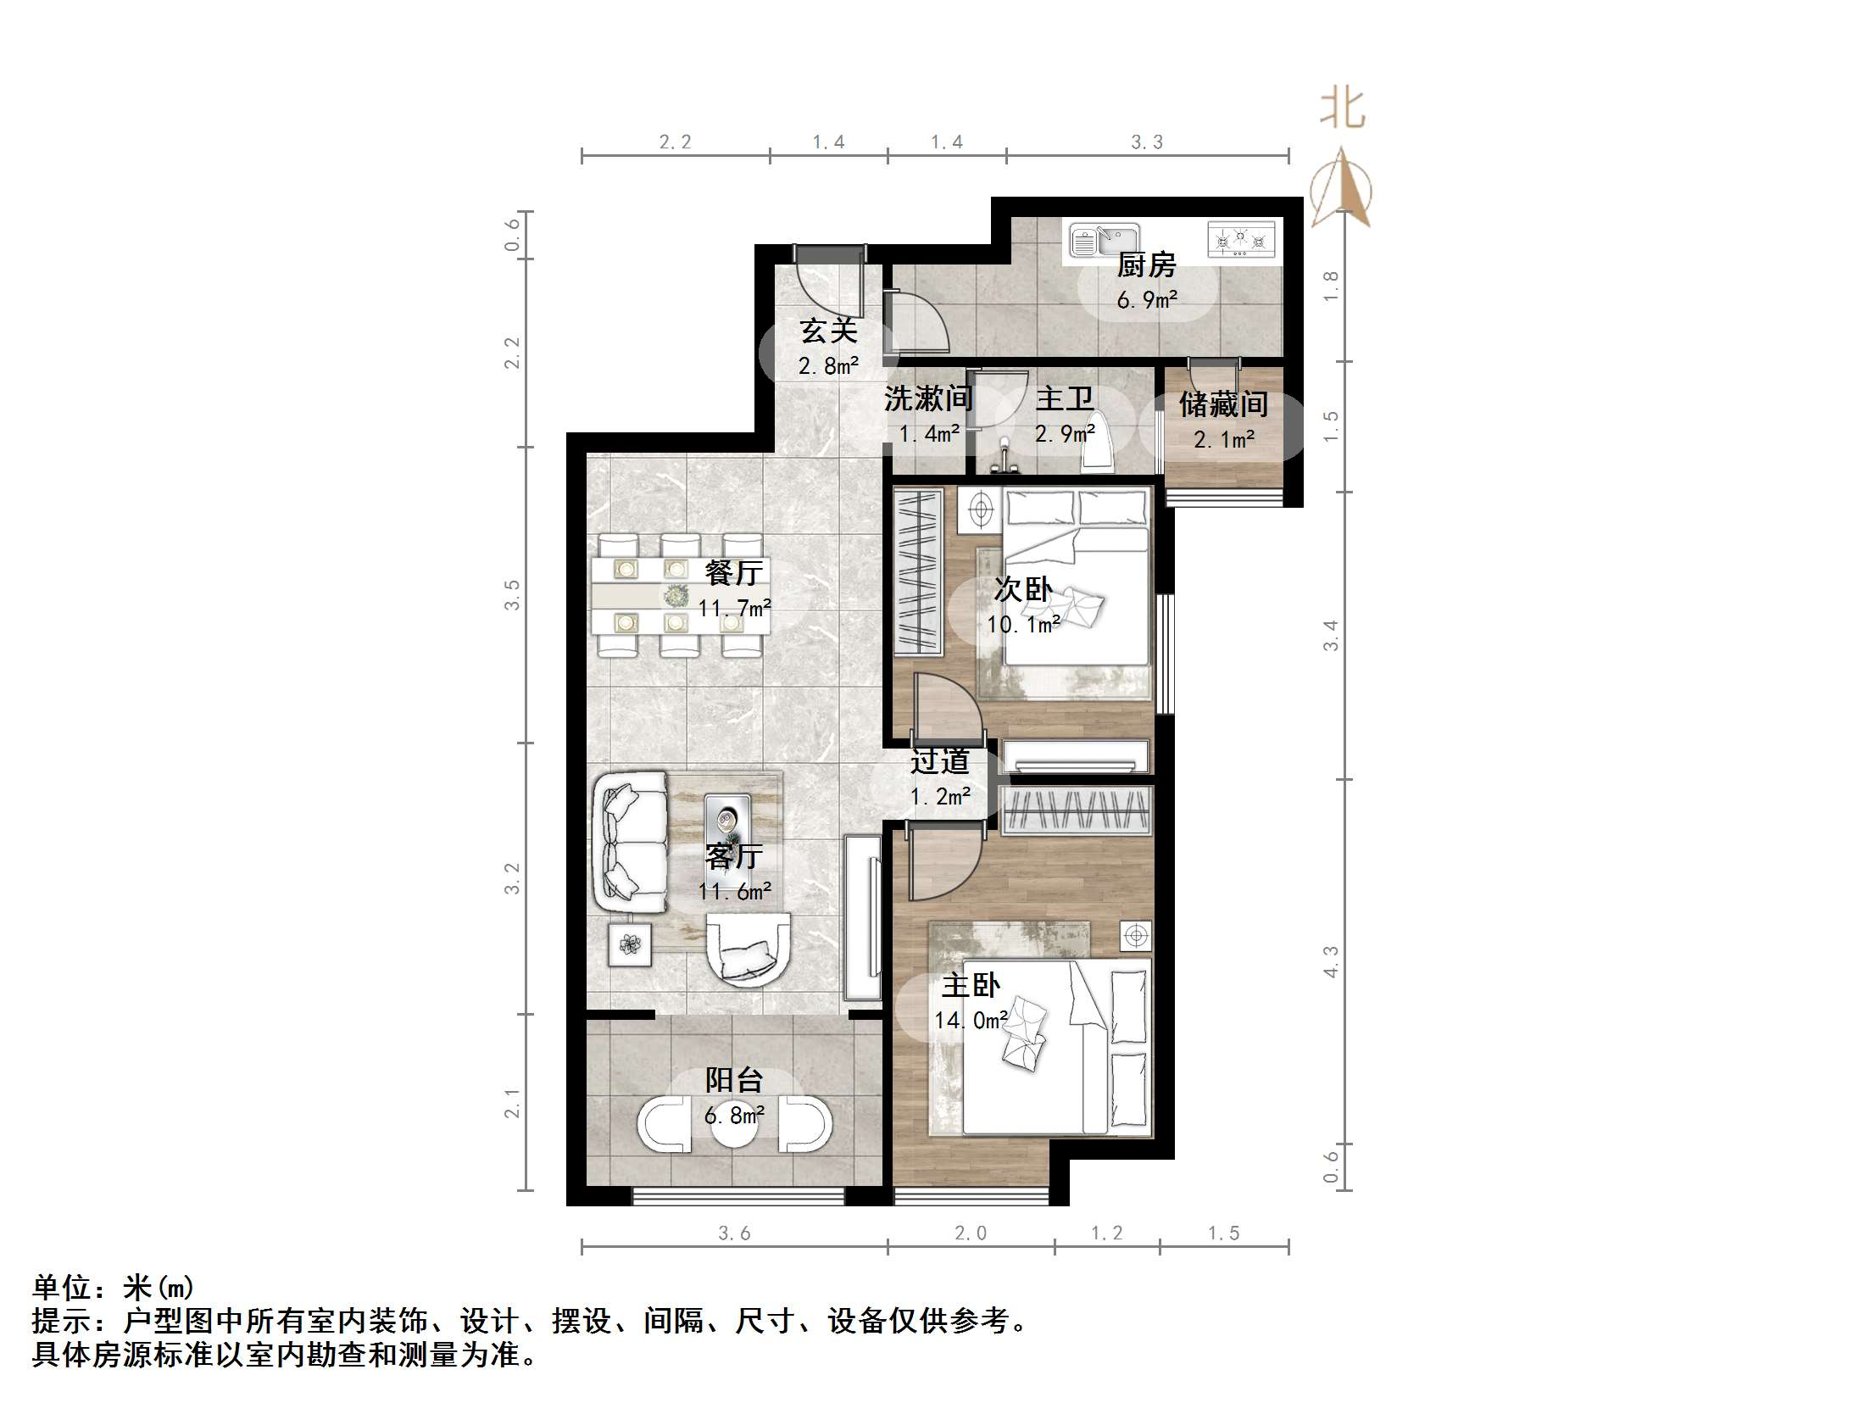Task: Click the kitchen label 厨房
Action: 1146,265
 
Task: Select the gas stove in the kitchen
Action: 1240,239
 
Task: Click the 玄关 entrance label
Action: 828,331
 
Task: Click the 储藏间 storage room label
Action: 1223,404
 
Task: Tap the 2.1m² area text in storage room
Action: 1224,439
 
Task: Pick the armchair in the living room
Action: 749,949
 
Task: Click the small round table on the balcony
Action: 734,1124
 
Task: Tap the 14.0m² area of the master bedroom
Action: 971,1020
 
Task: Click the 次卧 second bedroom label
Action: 1023,589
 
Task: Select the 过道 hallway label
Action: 939,761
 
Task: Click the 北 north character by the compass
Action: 1342,109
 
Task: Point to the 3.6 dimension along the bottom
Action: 734,1233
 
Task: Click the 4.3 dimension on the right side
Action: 1331,961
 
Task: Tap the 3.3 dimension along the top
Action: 1147,142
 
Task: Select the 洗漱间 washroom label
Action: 927,398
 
